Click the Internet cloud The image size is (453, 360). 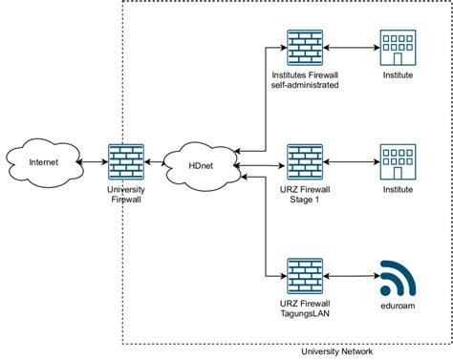click(x=44, y=162)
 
